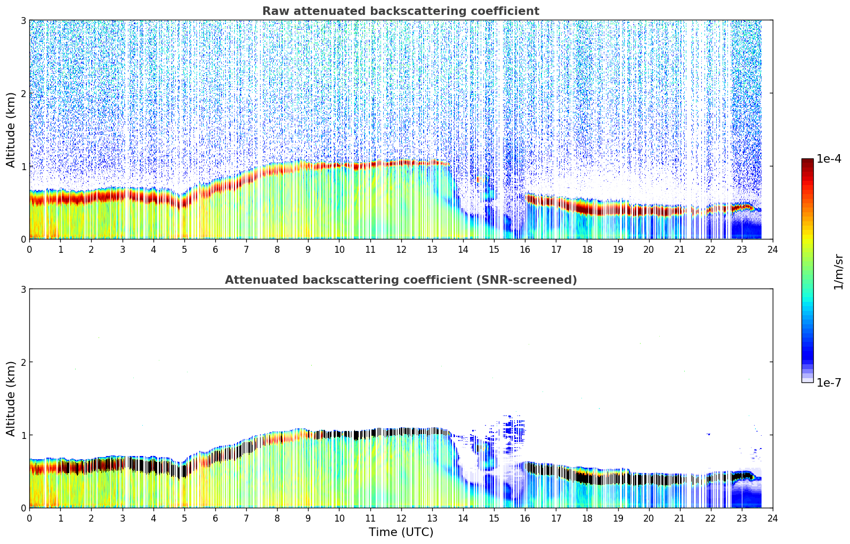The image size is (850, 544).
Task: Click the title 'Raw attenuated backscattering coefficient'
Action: click(401, 11)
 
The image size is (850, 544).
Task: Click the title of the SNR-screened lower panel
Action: click(401, 280)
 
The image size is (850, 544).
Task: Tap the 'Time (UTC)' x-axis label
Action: click(401, 532)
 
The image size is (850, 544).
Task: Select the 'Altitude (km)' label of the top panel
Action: click(11, 130)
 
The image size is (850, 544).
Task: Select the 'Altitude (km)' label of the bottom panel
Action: click(11, 398)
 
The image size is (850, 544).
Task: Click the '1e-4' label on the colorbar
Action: click(829, 159)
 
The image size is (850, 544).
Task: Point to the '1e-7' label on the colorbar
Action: click(829, 382)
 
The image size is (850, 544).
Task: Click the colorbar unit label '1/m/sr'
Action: click(838, 271)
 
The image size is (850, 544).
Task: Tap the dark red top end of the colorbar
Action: click(807, 162)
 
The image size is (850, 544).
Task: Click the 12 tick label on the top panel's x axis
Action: click(401, 249)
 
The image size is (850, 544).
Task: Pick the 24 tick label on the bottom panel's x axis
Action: click(773, 518)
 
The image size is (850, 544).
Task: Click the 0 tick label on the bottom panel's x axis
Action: click(29, 518)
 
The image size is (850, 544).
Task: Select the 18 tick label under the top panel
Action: click(587, 249)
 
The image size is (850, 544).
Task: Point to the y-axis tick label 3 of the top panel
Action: click(23, 20)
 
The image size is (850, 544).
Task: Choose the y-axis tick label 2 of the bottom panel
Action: click(23, 362)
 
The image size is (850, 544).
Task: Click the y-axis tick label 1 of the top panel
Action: click(23, 166)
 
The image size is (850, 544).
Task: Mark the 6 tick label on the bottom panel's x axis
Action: click(215, 518)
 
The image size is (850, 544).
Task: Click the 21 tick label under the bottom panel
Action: click(679, 518)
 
